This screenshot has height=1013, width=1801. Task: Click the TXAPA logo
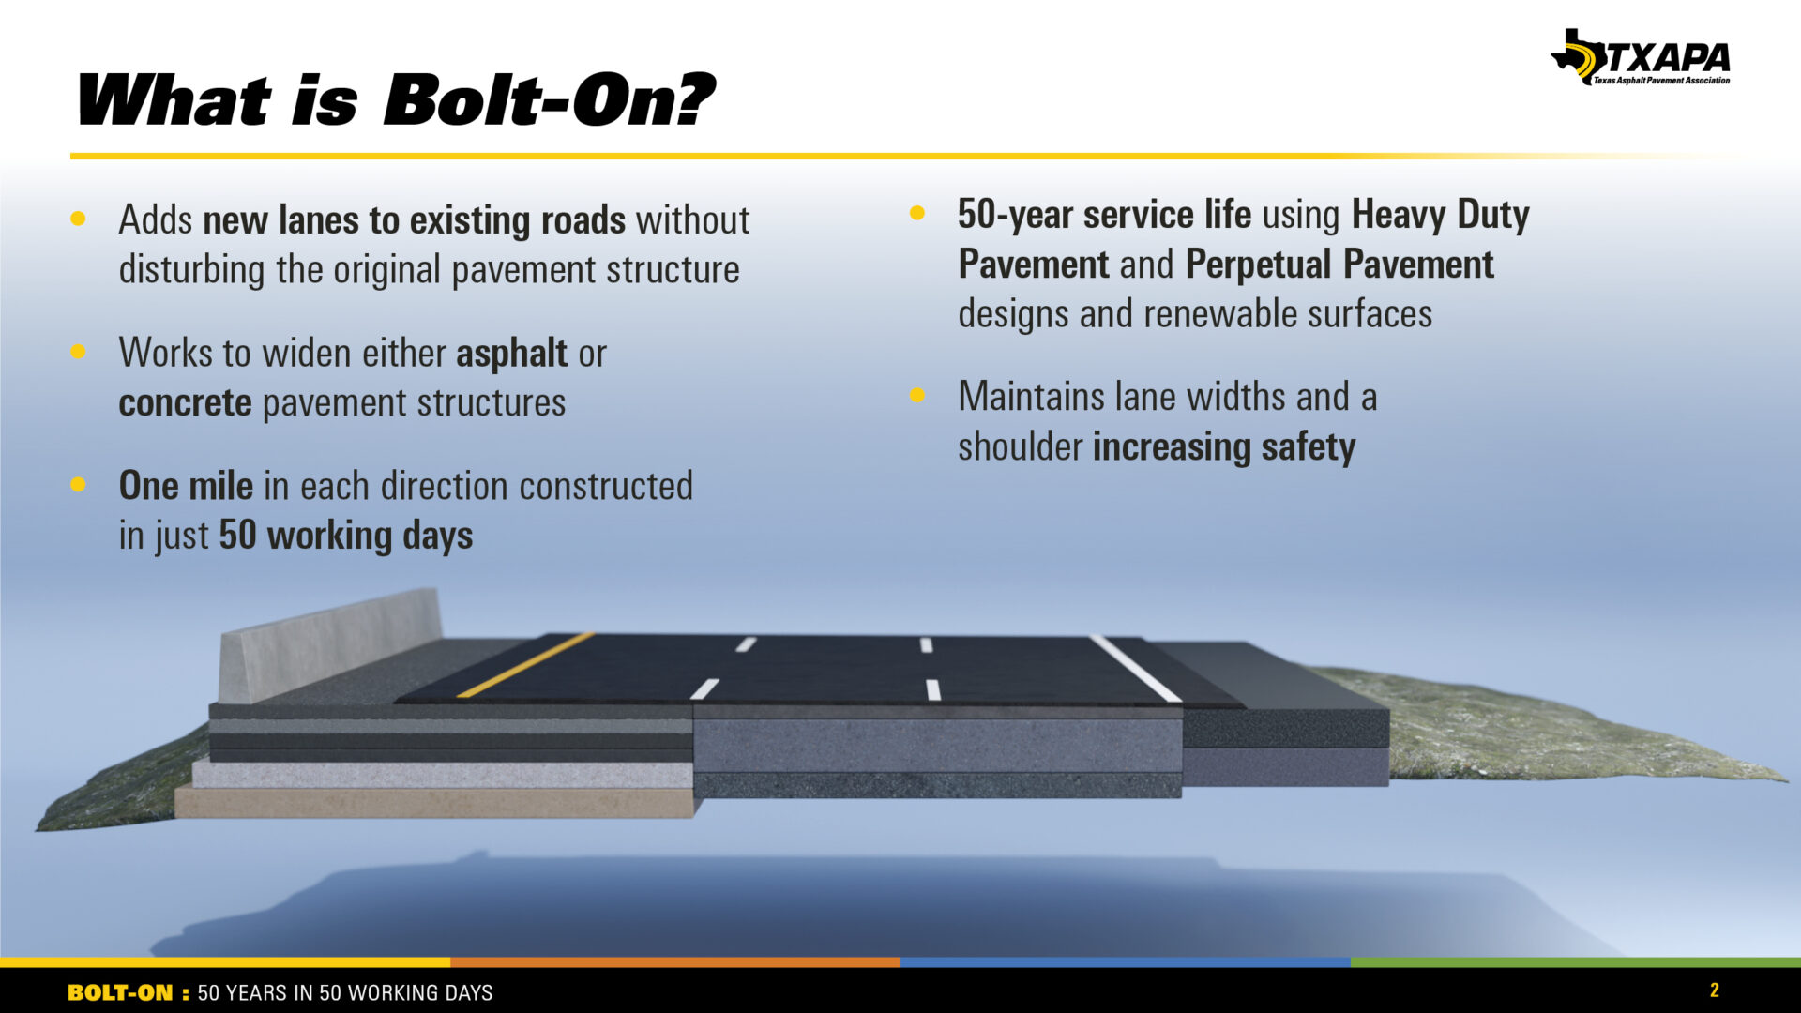coord(1641,57)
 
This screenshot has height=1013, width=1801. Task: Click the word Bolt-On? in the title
coord(549,99)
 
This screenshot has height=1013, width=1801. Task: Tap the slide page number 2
coord(1715,990)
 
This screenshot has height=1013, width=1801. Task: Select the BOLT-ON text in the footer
coord(120,992)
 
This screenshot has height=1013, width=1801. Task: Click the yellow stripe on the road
coord(525,664)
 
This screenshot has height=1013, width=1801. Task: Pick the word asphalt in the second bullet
coord(511,354)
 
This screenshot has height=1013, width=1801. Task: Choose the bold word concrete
coord(185,403)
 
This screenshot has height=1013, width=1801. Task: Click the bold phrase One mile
coord(186,486)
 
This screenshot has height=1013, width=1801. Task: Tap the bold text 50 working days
coord(346,536)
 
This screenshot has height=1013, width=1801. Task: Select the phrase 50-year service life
coord(1104,215)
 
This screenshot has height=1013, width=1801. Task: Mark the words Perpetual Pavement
coord(1339,265)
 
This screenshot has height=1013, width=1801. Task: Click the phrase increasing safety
coord(1224,447)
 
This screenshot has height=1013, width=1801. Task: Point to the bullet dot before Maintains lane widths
coord(917,396)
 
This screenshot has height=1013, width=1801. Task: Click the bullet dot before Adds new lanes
coord(78,219)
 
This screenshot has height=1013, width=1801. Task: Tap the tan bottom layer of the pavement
coord(434,802)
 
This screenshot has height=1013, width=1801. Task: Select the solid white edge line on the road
coord(1135,668)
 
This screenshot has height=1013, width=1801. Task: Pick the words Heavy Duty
coord(1441,215)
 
